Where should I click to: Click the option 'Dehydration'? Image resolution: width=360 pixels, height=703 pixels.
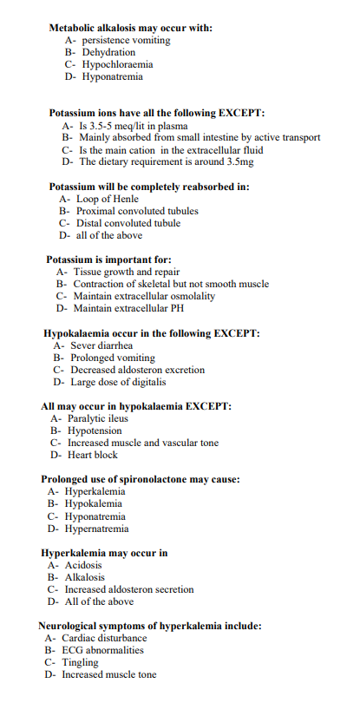[x=108, y=52]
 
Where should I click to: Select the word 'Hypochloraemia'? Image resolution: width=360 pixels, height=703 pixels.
[x=117, y=64]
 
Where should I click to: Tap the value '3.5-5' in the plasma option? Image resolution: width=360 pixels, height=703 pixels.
[x=103, y=125]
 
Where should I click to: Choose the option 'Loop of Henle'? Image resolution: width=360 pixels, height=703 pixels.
[x=111, y=199]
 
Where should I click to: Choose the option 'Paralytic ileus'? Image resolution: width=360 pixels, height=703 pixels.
[x=97, y=417]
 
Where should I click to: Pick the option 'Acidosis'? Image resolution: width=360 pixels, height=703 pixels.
[x=84, y=564]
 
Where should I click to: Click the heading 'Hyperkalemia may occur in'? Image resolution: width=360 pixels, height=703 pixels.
[x=104, y=552]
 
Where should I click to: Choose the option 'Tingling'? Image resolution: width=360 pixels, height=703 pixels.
[x=80, y=661]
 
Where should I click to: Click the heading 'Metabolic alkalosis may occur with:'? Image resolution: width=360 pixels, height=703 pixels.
[x=131, y=28]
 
